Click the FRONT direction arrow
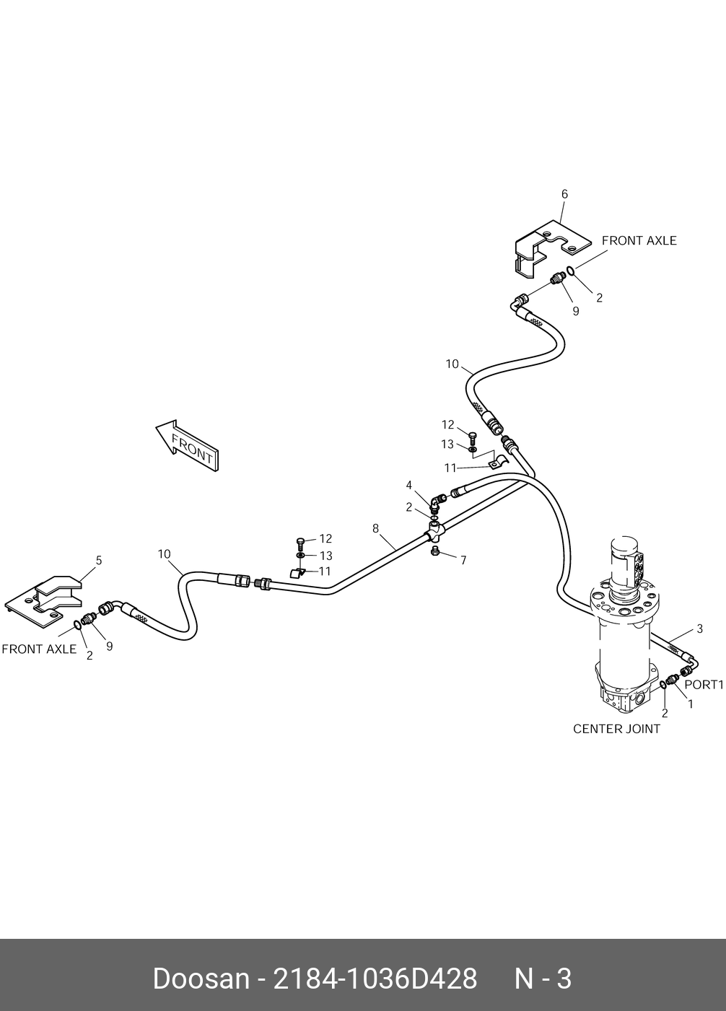tap(187, 447)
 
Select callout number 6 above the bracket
tap(564, 194)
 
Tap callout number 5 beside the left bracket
tap(99, 561)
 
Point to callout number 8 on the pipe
tap(375, 528)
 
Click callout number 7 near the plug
tap(463, 560)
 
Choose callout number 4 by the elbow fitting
tap(408, 485)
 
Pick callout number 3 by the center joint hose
tap(699, 629)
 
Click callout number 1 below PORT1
tap(690, 704)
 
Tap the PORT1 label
tap(703, 684)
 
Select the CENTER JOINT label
tap(616, 729)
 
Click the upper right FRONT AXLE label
tap(639, 241)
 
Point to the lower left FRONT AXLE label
tap(39, 649)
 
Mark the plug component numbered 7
tap(435, 552)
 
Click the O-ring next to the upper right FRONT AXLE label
tap(570, 271)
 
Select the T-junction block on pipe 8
tap(437, 533)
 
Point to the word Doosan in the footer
tap(200, 979)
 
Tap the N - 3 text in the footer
tap(542, 979)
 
